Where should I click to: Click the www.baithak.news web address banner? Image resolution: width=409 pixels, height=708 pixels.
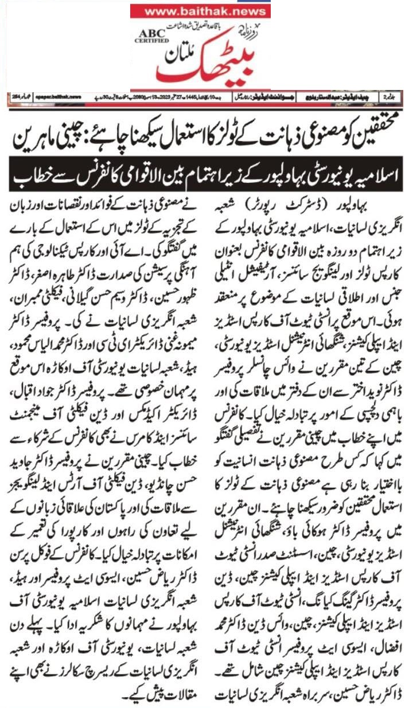click(x=201, y=11)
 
